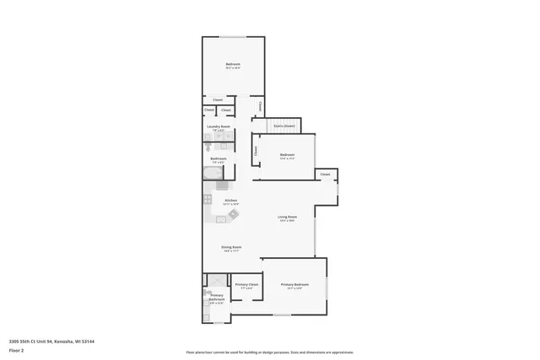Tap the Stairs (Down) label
point(283,126)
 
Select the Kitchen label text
point(230,201)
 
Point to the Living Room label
point(288,218)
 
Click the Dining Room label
point(232,248)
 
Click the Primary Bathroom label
point(217,297)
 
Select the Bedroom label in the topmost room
point(233,65)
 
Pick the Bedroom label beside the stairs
point(287,154)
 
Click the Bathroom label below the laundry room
point(218,159)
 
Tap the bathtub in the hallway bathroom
point(212,173)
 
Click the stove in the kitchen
point(207,199)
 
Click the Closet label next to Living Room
point(326,175)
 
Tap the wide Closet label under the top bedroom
point(218,99)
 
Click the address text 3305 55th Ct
point(51,341)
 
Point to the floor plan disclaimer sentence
point(269,352)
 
